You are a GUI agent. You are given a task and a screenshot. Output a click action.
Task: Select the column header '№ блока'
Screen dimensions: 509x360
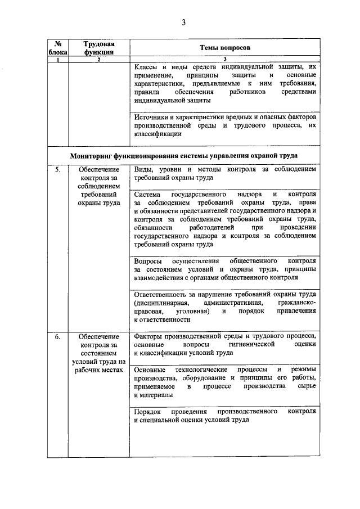(x=57, y=48)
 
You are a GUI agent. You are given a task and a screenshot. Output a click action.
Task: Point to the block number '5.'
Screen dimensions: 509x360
(x=58, y=169)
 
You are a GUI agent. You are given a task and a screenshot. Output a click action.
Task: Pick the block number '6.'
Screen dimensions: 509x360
(x=58, y=336)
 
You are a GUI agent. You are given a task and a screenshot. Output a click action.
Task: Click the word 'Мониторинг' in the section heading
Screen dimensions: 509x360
(x=93, y=155)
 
